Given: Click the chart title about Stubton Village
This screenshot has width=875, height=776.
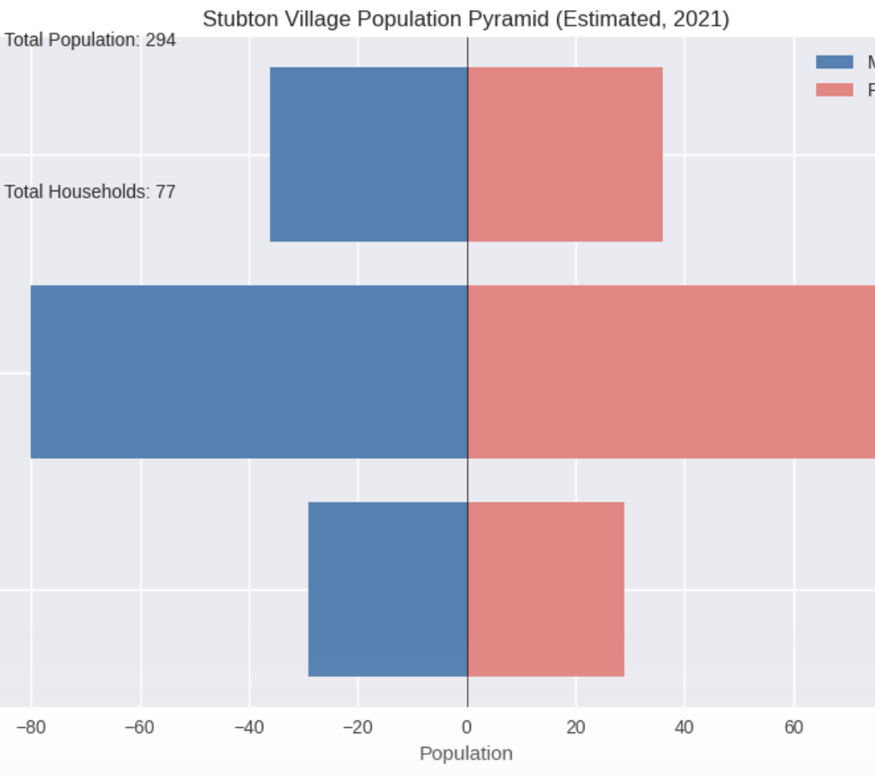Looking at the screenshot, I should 466,19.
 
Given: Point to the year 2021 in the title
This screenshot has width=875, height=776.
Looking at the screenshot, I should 701,19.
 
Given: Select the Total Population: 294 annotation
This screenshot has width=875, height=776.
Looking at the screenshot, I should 90,39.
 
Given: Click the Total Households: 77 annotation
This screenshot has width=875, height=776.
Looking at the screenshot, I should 90,191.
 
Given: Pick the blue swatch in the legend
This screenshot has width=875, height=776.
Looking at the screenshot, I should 834,62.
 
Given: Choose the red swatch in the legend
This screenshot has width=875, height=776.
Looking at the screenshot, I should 834,90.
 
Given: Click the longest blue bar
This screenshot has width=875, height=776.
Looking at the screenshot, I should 249,372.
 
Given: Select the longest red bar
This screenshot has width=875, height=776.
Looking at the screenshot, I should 671,372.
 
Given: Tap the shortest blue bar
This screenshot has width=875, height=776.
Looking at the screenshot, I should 388,589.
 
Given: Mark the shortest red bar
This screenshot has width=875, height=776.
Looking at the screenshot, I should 546,589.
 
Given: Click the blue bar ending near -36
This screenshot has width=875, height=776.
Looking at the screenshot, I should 369,154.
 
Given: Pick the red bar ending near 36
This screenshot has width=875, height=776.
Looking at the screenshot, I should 565,154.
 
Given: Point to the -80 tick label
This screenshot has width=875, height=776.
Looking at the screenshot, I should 31,728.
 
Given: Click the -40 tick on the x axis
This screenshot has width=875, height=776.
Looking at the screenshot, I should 249,728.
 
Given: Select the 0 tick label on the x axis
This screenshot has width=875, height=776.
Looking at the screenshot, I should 467,728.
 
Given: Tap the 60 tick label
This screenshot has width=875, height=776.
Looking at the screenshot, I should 794,728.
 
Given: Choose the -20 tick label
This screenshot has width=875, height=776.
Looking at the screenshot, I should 358,728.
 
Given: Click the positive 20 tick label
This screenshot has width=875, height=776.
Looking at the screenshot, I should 576,728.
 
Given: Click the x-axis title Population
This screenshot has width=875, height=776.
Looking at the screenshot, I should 466,754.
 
